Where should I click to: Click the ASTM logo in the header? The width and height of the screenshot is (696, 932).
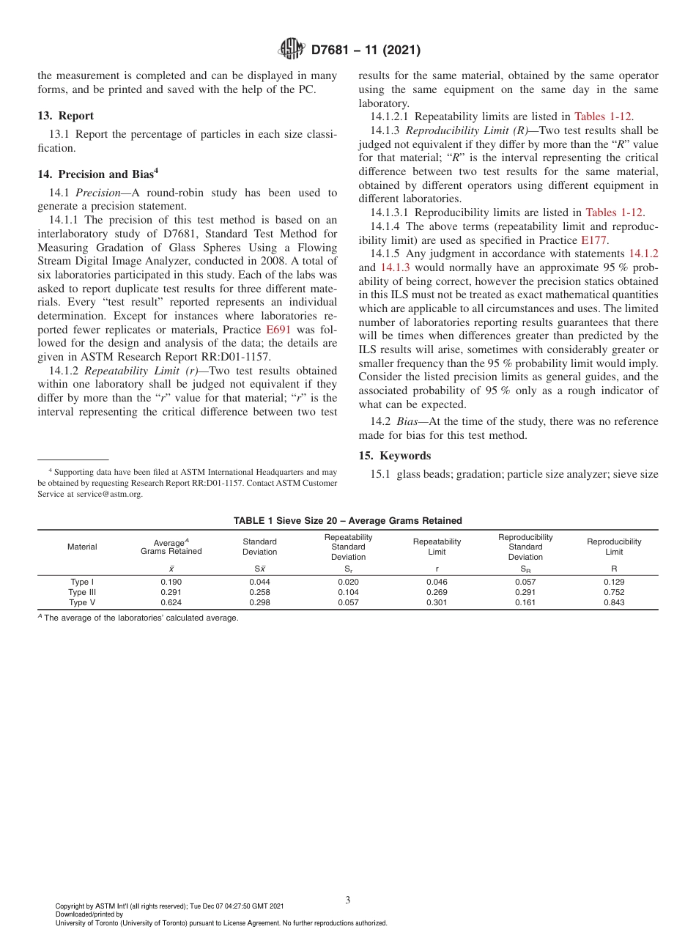tap(292, 50)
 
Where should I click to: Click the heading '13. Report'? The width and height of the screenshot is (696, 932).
tap(65, 116)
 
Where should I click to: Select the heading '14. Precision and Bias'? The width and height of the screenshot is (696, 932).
tap(95, 174)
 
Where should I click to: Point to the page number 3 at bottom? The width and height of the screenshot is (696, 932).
tap(347, 900)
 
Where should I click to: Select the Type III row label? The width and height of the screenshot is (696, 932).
tap(82, 592)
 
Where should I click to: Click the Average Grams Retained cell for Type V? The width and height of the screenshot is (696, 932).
tap(171, 602)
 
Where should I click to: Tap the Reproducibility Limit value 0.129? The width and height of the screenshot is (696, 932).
tap(614, 582)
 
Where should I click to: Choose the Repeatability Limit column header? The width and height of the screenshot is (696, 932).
tap(437, 547)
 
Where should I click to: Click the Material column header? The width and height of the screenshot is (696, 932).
tap(82, 547)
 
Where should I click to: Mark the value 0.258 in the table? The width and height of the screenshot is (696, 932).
tap(259, 592)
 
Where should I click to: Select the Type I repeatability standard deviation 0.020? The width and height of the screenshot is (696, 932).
tap(348, 582)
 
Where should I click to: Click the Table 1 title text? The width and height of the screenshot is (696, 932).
tap(347, 521)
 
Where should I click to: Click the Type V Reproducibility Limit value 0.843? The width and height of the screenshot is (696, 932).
tap(614, 602)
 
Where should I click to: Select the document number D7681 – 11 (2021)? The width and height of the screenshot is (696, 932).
tap(366, 50)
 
